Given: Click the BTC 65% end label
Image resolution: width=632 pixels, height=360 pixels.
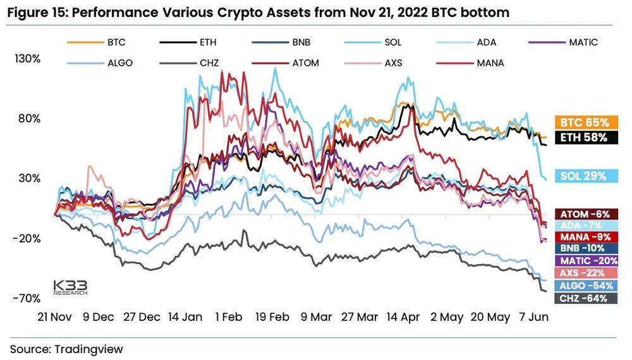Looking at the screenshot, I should pos(585,123).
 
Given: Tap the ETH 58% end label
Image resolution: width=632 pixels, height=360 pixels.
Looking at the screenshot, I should pos(585,137).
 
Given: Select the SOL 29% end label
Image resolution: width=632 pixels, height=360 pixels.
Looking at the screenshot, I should pos(585,176).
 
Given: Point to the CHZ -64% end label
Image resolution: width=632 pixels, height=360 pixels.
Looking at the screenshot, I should pos(585,298).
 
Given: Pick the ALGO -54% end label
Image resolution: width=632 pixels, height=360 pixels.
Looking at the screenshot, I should pos(585,285).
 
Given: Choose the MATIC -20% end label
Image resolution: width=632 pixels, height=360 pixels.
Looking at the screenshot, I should pos(585,261).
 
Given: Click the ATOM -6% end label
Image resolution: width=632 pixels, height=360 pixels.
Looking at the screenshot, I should pos(585,214).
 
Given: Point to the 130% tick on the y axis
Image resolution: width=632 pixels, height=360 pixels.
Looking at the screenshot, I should pos(27,59).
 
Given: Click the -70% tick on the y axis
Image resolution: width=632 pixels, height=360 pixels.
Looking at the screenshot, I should pos(27,298).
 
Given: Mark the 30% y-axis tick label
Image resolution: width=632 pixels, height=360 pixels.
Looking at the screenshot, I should pos(28,178).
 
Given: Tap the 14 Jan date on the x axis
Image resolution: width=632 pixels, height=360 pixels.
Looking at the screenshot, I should pos(185,317).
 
